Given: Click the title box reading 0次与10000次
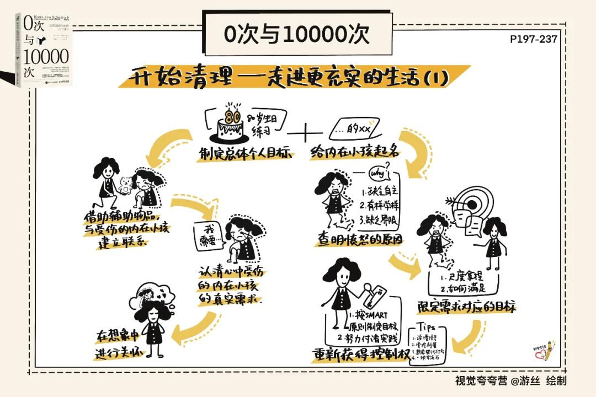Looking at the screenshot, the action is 296,34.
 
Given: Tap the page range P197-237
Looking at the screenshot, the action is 534,39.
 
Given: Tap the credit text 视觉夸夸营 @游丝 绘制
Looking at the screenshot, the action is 510,380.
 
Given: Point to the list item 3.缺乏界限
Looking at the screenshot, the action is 380,221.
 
